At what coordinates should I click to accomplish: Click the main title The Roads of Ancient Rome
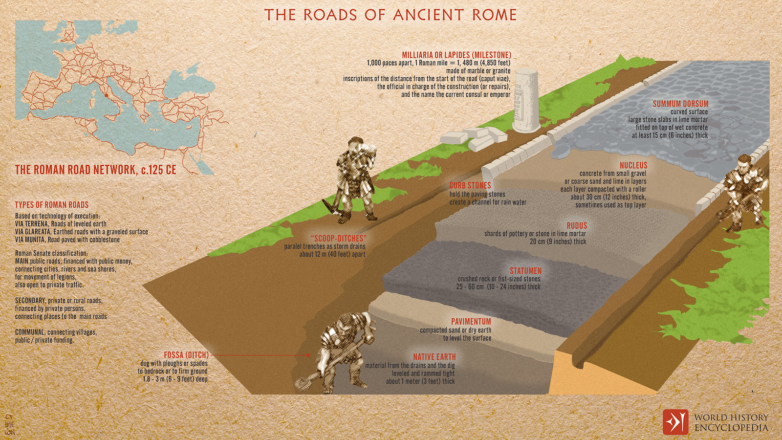(391, 15)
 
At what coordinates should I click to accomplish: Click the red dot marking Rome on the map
(106, 95)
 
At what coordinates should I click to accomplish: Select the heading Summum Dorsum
(680, 104)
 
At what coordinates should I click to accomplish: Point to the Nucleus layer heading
(633, 165)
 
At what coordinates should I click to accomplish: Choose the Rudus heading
(577, 225)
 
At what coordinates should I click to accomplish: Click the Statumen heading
(526, 271)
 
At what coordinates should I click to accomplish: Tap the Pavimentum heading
(471, 322)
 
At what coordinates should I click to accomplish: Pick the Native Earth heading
(434, 357)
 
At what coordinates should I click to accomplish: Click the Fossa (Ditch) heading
(186, 355)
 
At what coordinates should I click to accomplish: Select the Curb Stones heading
(470, 185)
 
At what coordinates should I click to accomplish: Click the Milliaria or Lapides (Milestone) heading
(456, 55)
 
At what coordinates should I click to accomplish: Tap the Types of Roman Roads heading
(52, 205)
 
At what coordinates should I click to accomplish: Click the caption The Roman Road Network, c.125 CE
(96, 170)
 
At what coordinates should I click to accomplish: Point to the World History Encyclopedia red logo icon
(675, 422)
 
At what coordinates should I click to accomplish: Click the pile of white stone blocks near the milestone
(473, 138)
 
